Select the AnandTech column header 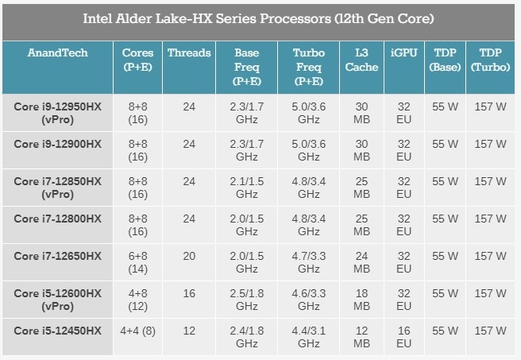point(57,53)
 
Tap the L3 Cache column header point(361,60)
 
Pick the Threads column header point(189,53)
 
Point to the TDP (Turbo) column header point(490,60)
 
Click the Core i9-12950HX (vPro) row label point(57,113)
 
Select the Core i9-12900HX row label point(57,144)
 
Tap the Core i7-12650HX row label point(57,256)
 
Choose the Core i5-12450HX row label point(57,331)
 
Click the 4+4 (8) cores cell point(138,331)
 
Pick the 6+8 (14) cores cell point(138,263)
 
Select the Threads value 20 point(189,256)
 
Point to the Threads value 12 point(189,331)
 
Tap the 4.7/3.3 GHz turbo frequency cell point(308,263)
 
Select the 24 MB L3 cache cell point(361,263)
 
